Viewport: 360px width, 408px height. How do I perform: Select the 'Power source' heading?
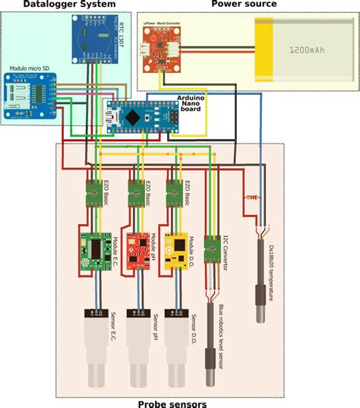[x=243, y=5]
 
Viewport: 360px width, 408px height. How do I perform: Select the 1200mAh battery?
[x=304, y=52]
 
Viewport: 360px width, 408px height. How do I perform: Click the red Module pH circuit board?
[x=138, y=251]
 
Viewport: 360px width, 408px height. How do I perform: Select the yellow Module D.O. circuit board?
[x=179, y=251]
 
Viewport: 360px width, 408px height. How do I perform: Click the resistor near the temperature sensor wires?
[x=251, y=196]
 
